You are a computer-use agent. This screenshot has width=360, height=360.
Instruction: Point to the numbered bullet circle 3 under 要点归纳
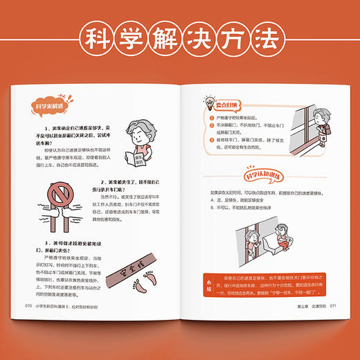point(209,138)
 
